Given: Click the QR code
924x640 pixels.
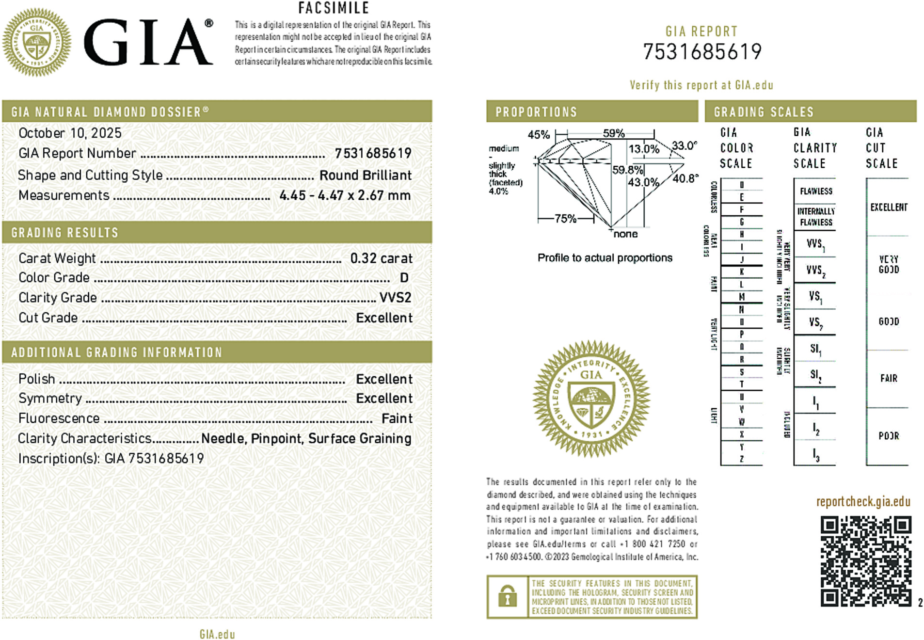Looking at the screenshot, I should (x=866, y=561).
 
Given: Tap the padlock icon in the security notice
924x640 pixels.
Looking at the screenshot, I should (x=507, y=597).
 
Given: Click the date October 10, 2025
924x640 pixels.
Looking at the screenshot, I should (x=70, y=133).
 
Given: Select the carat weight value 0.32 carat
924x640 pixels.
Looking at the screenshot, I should (x=381, y=258).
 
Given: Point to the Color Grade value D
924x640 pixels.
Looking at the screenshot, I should (x=404, y=278).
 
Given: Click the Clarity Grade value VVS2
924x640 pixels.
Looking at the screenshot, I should (x=395, y=298).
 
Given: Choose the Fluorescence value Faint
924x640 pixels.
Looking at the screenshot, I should (x=397, y=418).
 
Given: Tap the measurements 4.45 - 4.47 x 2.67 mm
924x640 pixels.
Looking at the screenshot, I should (x=345, y=195).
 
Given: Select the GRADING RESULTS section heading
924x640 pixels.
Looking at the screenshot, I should (x=65, y=233).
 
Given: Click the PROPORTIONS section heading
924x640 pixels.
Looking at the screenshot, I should (x=536, y=112).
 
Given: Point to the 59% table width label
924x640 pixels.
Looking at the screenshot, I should (x=613, y=133).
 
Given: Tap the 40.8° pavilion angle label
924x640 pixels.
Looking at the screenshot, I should (x=685, y=178).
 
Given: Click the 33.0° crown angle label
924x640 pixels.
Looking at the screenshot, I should (x=684, y=145).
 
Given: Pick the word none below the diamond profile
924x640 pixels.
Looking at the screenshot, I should (x=625, y=234).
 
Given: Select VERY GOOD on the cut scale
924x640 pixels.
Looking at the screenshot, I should (x=889, y=264).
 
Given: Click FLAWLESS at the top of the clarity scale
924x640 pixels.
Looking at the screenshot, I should (x=816, y=191).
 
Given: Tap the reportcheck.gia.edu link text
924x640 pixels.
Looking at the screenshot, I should (x=863, y=501).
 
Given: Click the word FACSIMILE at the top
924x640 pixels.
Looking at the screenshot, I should (x=334, y=8).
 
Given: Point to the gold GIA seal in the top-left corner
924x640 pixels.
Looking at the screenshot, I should (x=37, y=42).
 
